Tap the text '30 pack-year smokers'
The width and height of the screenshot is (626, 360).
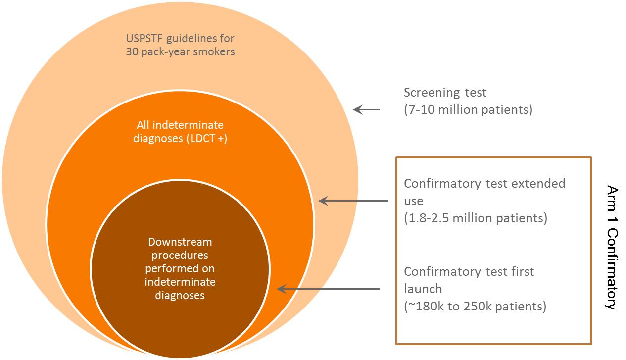(x=180, y=51)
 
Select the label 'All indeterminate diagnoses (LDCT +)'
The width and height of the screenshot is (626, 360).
(x=180, y=131)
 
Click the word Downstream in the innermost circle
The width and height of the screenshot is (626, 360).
(x=180, y=242)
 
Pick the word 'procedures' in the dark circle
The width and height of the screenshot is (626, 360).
(x=180, y=256)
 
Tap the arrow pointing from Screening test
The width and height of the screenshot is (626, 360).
(x=367, y=110)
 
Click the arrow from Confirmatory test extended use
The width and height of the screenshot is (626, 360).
(x=353, y=201)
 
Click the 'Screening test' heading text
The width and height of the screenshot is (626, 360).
(x=445, y=93)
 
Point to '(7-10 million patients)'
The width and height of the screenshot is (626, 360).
(x=468, y=109)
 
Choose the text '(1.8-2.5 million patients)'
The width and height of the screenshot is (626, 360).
(x=476, y=218)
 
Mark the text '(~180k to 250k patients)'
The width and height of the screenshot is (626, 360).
(x=475, y=307)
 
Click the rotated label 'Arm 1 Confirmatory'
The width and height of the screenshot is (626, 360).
(x=612, y=248)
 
